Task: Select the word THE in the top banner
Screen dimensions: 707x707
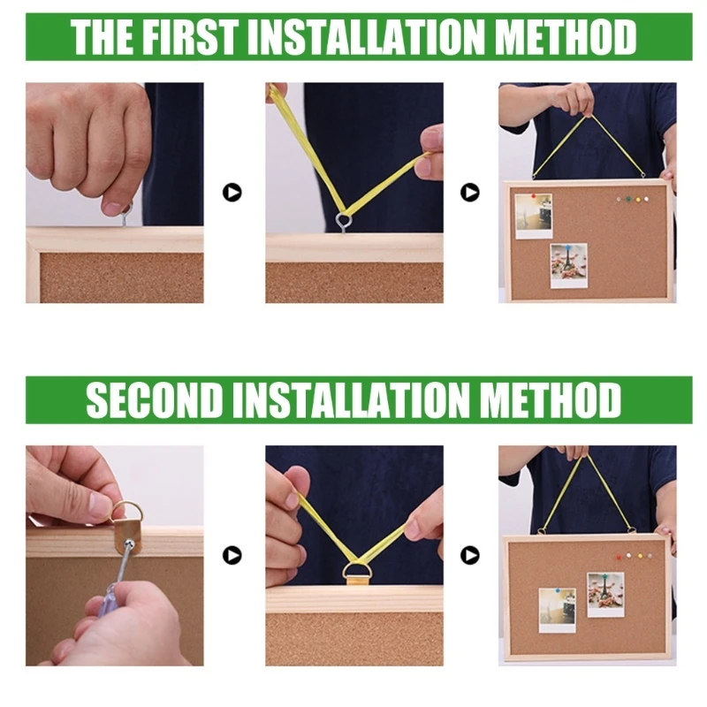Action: tap(100, 37)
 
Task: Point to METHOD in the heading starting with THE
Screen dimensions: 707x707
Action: tap(566, 37)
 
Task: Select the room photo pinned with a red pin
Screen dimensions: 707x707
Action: tap(534, 216)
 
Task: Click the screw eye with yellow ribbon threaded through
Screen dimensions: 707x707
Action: tap(343, 220)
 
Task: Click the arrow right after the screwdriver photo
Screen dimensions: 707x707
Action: tap(232, 555)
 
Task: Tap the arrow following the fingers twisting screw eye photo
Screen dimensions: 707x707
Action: tap(232, 192)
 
